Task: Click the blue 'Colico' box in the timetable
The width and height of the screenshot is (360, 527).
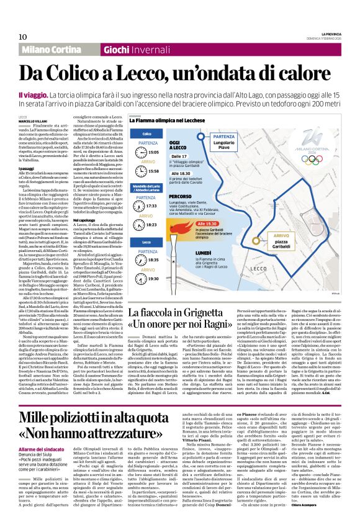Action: click(x=147, y=133)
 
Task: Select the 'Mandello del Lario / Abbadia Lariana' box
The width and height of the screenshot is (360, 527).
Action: click(x=148, y=187)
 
